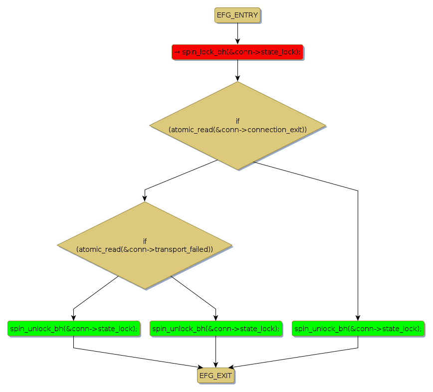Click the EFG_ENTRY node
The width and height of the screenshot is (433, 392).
pos(237,15)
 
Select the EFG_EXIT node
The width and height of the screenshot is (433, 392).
pos(216,376)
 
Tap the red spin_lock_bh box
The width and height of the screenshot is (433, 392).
pos(237,52)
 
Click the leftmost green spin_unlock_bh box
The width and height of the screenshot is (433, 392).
pos(74,328)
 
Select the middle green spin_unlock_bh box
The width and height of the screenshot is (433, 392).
pos(216,328)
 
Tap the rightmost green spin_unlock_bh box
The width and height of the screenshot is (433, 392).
pos(358,328)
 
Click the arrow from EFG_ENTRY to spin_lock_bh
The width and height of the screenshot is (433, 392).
pos(237,33)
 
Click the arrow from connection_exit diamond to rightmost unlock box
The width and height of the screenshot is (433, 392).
pos(358,249)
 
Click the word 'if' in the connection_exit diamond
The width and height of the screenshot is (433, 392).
pos(237,121)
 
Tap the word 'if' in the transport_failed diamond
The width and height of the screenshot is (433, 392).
pos(145,240)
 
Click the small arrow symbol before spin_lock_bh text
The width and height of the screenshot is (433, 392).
pos(177,52)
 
